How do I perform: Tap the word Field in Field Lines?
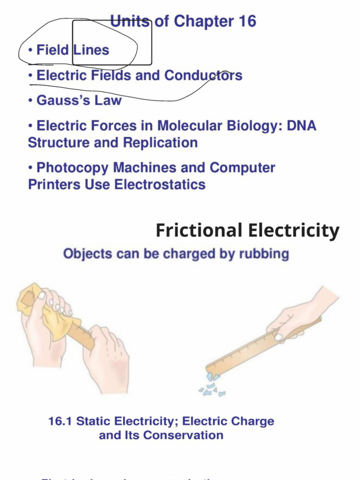click(53, 50)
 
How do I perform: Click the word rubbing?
click(263, 254)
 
